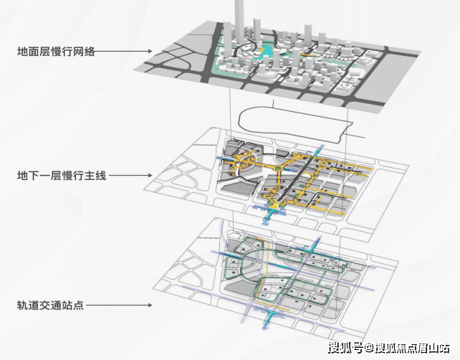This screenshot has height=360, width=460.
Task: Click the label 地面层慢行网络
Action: [x=57, y=52]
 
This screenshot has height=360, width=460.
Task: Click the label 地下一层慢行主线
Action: [x=62, y=175]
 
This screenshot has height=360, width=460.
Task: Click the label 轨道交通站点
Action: [x=52, y=305]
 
